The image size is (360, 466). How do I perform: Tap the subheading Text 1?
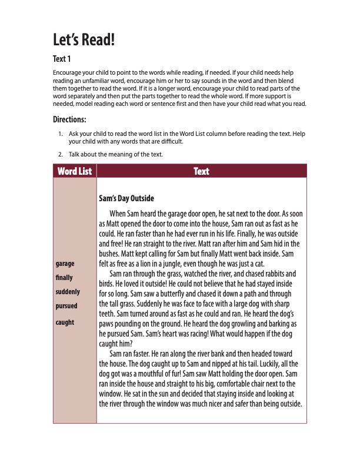62,59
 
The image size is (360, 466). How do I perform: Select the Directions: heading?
69,119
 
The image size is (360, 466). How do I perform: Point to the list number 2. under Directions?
61,154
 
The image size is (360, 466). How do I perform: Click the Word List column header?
75,171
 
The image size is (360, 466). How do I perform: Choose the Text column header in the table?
201,171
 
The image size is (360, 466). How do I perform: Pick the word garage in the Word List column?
65,263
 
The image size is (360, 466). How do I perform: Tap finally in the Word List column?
64,277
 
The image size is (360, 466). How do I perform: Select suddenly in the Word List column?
67,292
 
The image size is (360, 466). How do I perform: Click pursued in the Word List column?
66,306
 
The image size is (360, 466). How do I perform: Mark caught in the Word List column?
64,322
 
